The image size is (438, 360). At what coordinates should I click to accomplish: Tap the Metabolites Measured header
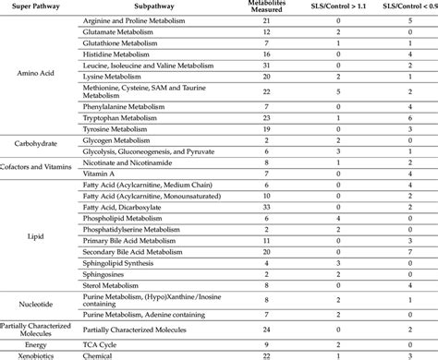coord(266,8)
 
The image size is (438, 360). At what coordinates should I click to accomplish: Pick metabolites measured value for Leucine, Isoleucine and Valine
coord(266,66)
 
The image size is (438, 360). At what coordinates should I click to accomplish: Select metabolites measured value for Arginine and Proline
coord(266,20)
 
